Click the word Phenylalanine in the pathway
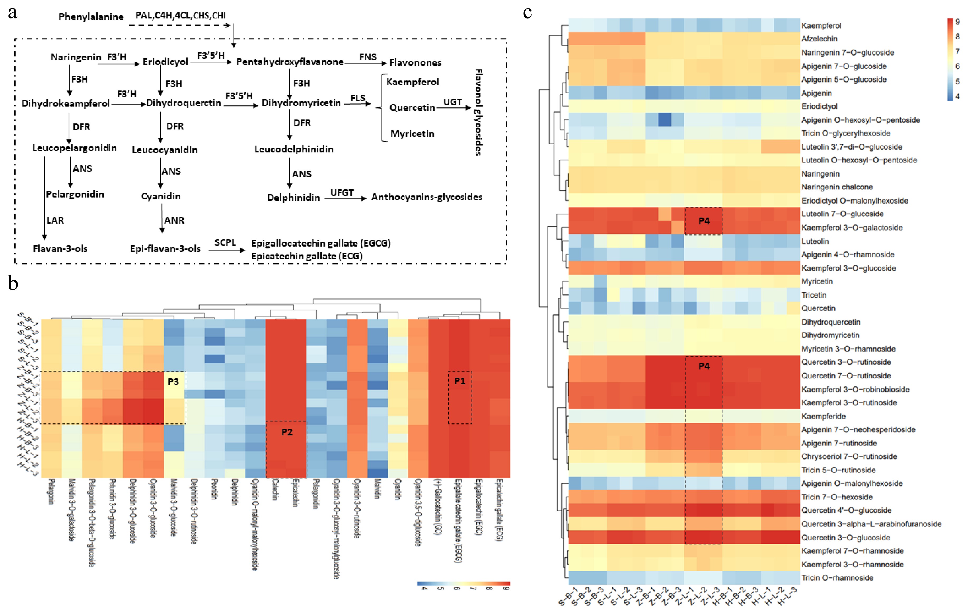point(91,16)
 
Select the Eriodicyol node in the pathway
point(165,62)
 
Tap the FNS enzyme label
point(368,57)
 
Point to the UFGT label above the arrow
point(342,193)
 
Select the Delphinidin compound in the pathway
point(293,197)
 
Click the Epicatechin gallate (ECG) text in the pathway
point(307,256)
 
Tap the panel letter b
point(13,284)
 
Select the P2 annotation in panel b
point(287,432)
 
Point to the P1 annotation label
point(460,381)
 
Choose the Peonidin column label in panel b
point(215,489)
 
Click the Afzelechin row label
point(819,39)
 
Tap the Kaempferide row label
point(823,416)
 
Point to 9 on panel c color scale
point(958,22)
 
